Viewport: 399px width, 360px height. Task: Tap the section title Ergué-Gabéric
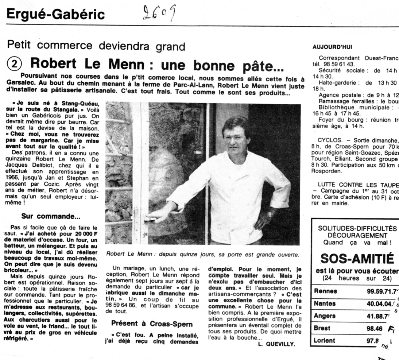pos(56,15)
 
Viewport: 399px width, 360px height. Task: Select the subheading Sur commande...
pos(51,216)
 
